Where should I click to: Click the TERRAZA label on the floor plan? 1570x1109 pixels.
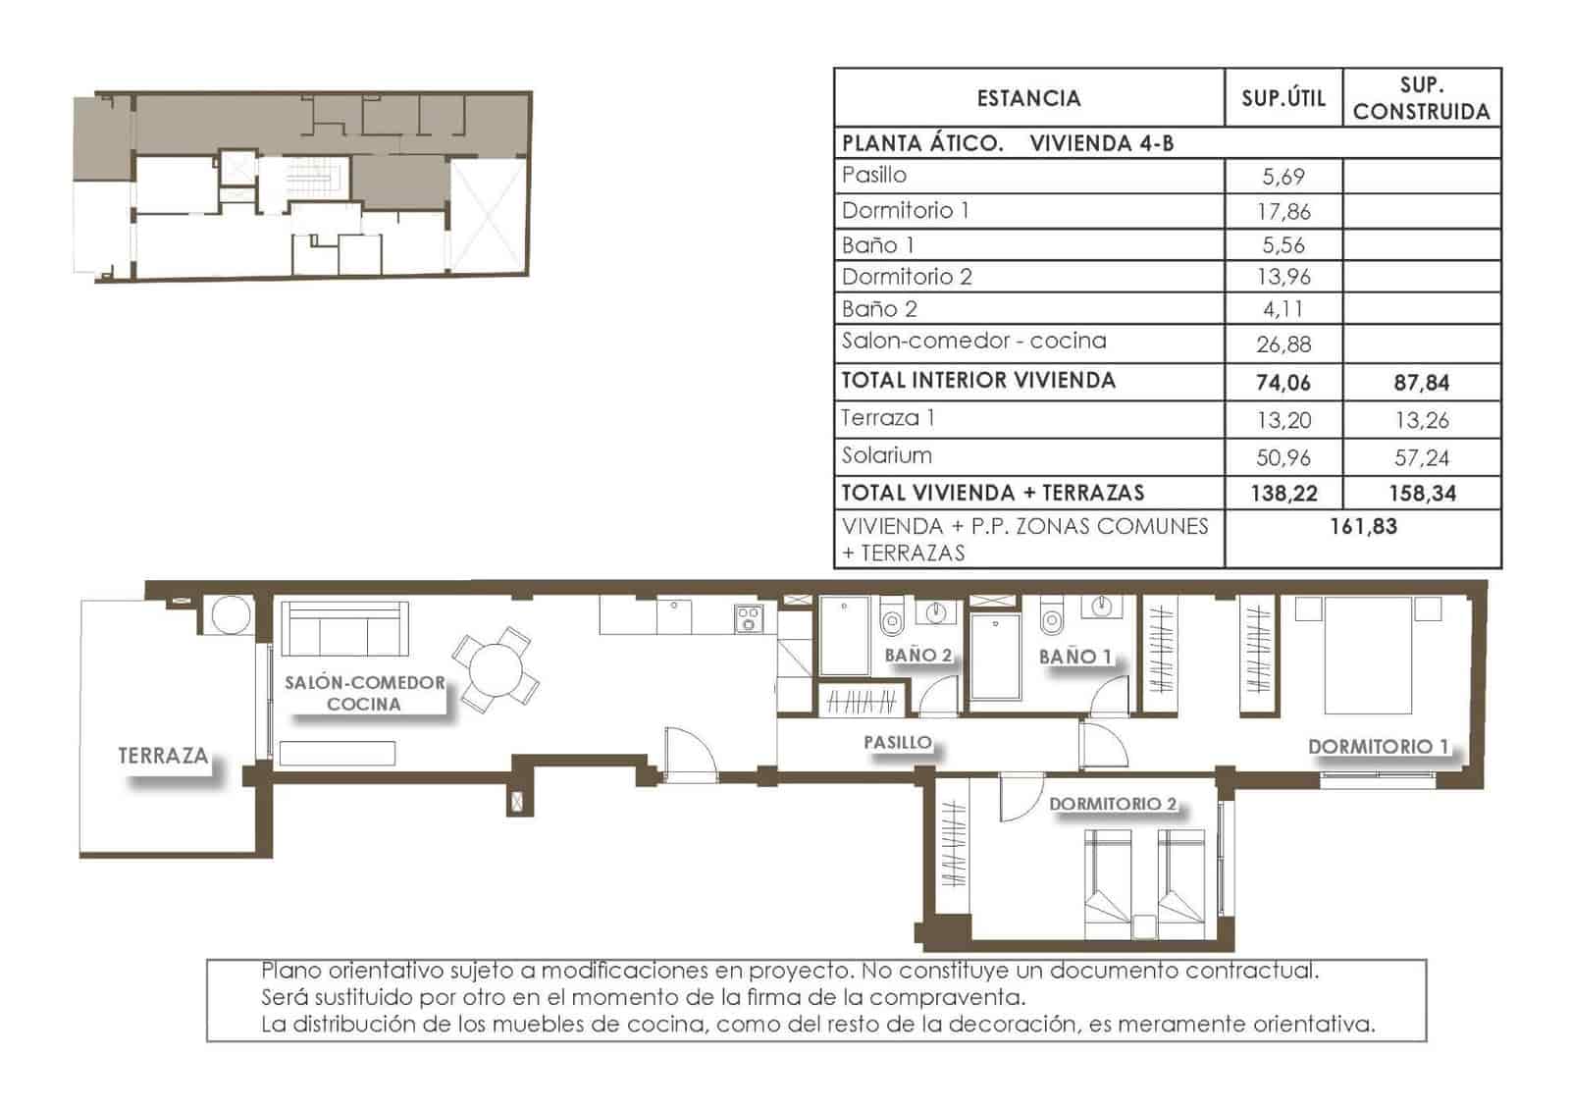163,756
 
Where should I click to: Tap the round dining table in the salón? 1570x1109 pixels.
496,670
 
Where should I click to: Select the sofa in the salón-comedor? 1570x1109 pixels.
344,629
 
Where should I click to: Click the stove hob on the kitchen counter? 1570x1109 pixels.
749,618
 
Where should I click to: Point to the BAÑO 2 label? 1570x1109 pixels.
917,655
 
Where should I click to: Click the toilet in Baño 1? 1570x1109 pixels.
1051,619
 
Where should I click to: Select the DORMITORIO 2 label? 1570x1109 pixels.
1112,804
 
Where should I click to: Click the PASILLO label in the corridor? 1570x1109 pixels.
897,742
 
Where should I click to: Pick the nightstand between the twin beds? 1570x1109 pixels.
1144,926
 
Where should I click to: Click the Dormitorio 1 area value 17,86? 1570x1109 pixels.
1282,211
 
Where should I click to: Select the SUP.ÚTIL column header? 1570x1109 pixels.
1282,98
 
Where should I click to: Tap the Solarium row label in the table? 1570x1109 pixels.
886,455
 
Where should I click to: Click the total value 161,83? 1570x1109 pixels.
1362,527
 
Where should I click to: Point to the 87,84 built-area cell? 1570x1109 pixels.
1421,383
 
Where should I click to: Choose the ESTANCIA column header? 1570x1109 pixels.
1028,98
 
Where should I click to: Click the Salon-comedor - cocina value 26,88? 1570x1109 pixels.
1282,344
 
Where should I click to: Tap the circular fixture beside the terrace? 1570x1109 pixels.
232,616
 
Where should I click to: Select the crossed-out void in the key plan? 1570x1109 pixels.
488,216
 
